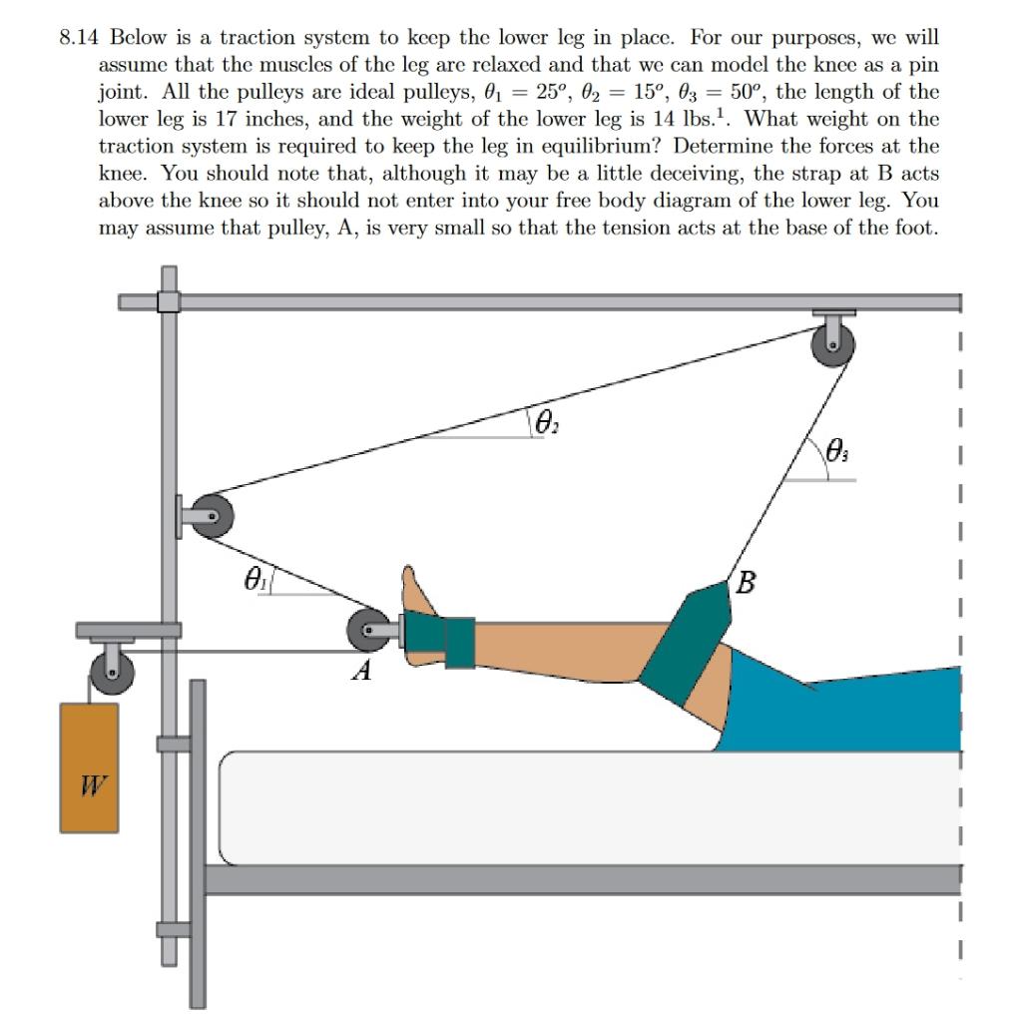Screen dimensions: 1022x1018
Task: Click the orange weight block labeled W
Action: tap(89, 766)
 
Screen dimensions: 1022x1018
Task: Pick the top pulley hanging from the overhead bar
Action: tap(833, 347)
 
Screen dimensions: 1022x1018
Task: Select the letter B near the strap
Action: tap(745, 581)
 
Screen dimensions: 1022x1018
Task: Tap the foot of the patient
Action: tap(419, 594)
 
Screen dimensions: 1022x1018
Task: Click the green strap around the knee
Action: tap(689, 644)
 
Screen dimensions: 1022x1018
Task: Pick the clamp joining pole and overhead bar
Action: tap(169, 300)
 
